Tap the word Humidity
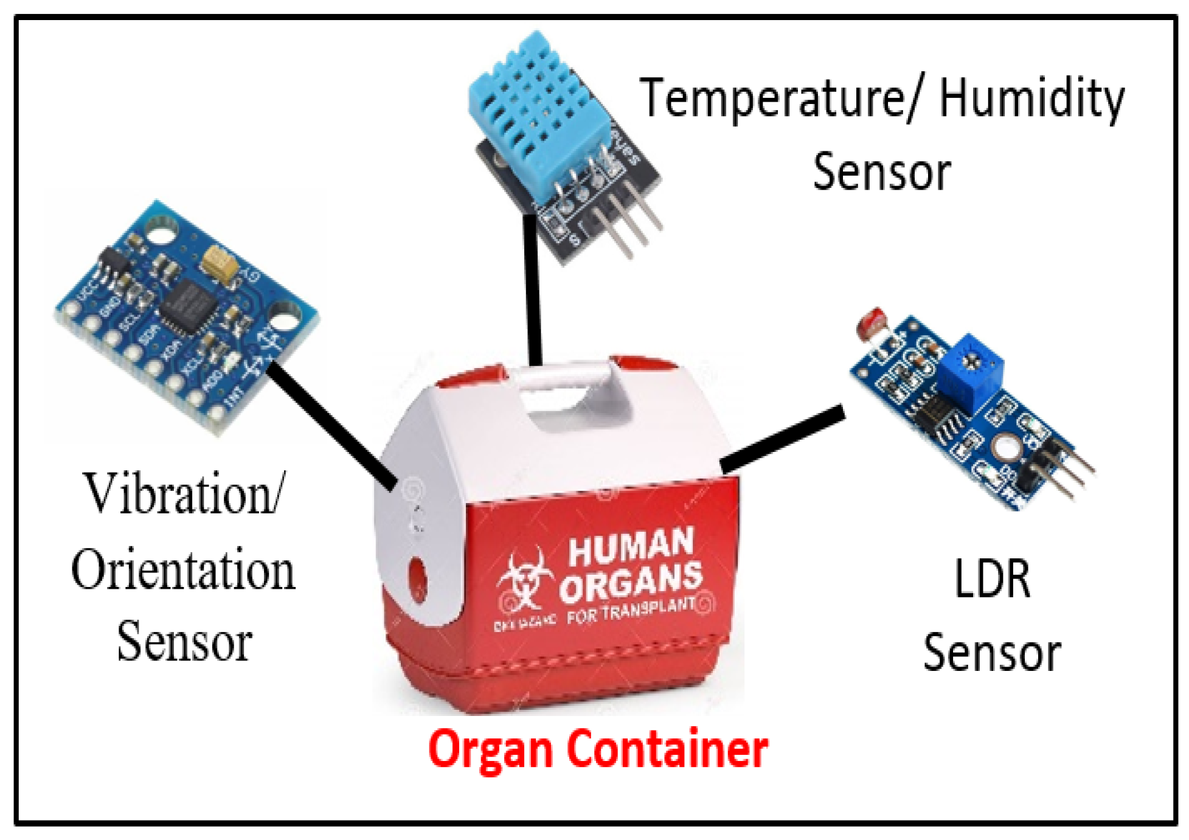(x=1031, y=99)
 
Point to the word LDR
(x=991, y=579)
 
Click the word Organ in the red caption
(x=490, y=749)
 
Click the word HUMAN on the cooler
(x=631, y=546)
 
